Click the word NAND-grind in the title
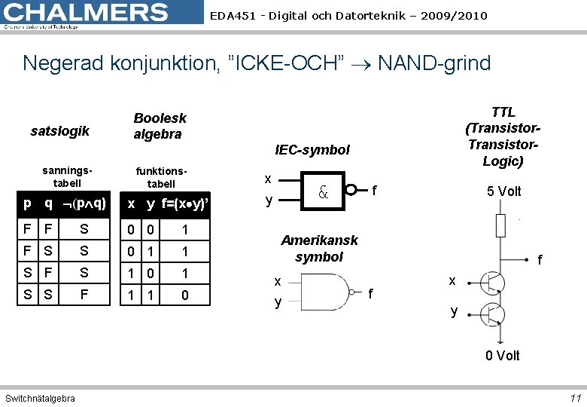434,63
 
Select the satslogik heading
60,131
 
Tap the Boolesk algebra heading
160,126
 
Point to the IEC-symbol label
312,150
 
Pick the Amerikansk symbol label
319,248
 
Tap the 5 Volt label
503,191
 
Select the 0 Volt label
502,355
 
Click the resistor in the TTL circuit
500,225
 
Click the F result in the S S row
84,294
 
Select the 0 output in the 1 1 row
184,295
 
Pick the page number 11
576,398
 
